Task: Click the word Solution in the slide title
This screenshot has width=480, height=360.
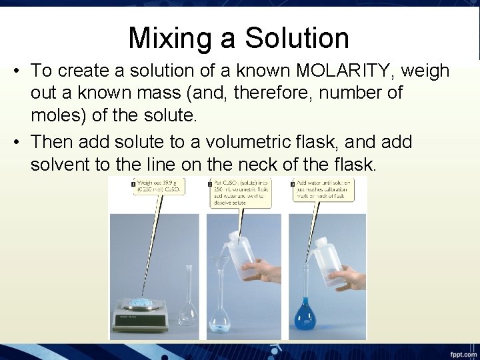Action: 297,38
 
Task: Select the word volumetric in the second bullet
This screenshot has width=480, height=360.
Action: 258,142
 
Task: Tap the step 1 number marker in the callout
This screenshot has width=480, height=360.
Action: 133,183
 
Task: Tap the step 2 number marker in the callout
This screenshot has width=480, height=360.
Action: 210,183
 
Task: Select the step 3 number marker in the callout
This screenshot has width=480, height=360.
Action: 293,183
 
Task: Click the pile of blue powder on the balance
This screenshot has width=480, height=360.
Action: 143,302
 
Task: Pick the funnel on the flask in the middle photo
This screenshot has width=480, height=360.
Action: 220,263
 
